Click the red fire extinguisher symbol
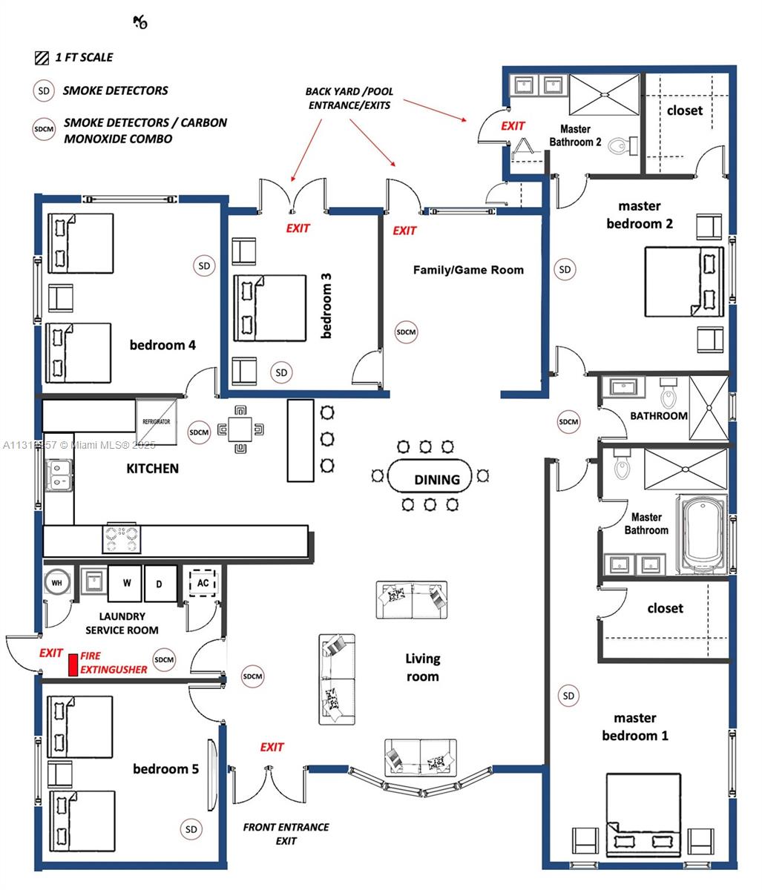coord(73,665)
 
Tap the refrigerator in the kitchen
coord(157,422)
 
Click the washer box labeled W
coord(126,584)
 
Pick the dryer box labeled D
coord(160,584)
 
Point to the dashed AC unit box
coord(202,583)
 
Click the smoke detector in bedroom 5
coord(191,829)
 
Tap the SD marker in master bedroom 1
coord(568,696)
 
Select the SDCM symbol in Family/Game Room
coord(406,332)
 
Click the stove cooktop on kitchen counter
coord(122,538)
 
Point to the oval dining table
coord(430,478)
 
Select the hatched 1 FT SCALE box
coord(42,57)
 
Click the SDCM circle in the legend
coord(44,130)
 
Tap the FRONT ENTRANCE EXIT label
coord(286,834)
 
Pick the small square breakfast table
coord(240,429)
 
